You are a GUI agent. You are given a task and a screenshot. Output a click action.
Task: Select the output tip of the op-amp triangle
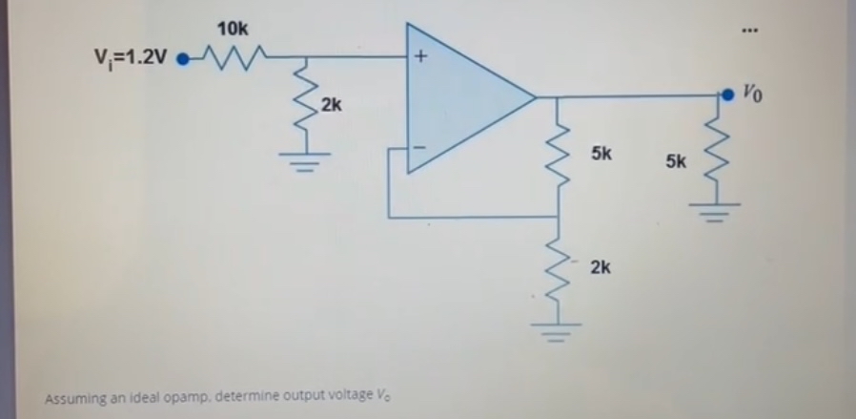(534, 96)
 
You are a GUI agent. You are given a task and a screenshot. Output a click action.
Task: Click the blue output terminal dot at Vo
(729, 94)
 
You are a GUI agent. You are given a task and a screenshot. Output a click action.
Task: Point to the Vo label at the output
(752, 94)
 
